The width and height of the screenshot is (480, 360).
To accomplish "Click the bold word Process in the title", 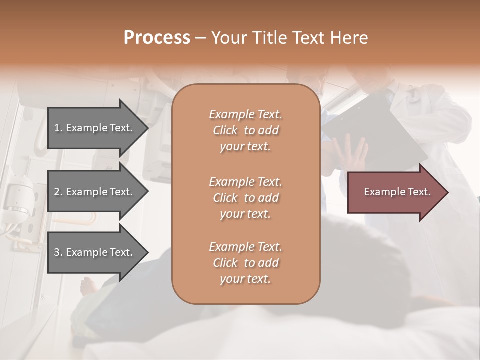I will click(157, 38).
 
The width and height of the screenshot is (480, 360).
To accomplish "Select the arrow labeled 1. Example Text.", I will click(95, 128).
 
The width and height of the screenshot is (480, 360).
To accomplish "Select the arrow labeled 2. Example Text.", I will click(95, 192).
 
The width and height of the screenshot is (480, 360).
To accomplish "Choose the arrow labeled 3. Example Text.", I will click(95, 252).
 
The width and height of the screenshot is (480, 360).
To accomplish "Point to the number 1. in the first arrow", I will click(58, 128).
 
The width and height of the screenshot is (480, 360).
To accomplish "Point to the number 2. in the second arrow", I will click(58, 192).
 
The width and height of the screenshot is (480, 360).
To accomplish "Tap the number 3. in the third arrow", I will click(58, 252).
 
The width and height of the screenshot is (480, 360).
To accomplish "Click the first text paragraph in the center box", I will click(245, 130).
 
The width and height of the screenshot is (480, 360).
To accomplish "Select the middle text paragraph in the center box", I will click(245, 198).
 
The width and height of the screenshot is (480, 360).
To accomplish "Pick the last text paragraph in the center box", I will click(245, 263).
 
